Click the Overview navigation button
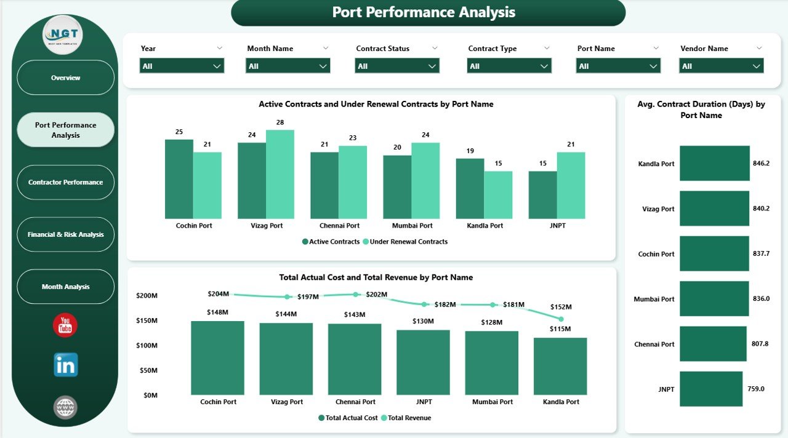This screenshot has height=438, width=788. click(65, 78)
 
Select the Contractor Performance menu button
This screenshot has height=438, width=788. click(65, 182)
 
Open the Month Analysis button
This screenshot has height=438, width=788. click(65, 287)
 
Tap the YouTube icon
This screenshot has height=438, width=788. click(65, 325)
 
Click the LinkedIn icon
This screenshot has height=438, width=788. click(66, 365)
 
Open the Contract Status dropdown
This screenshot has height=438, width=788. click(397, 66)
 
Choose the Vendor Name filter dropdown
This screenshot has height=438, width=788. click(721, 66)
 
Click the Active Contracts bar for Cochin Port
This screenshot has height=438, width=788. click(179, 179)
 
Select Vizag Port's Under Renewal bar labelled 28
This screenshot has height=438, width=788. click(280, 174)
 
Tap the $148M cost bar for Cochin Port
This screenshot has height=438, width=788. click(217, 358)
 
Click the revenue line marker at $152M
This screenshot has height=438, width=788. click(561, 319)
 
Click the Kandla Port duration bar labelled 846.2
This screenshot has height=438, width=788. click(714, 164)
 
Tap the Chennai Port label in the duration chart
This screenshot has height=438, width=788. click(654, 344)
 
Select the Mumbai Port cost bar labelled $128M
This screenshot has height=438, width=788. click(491, 363)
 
